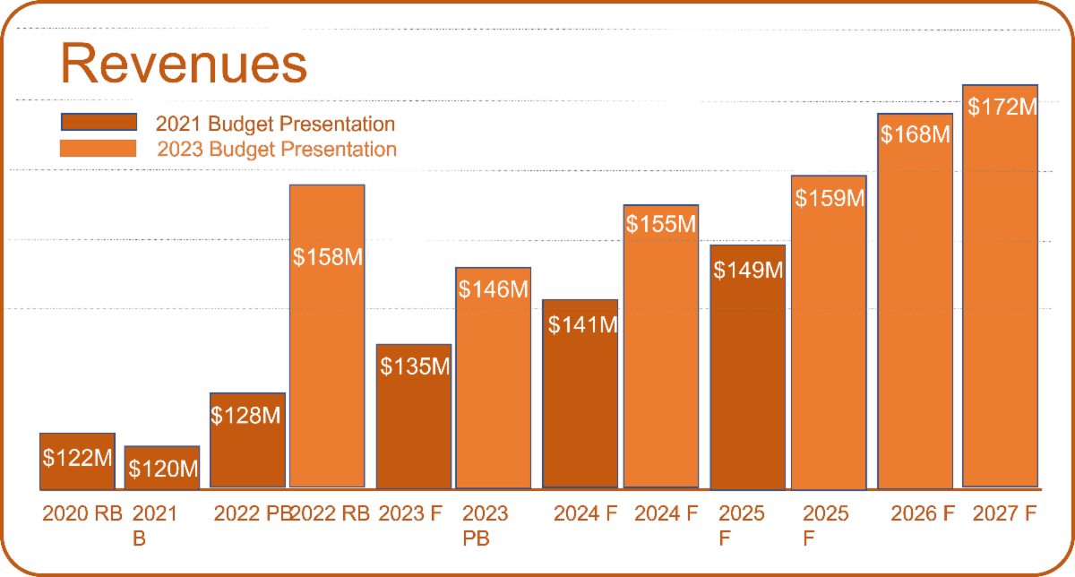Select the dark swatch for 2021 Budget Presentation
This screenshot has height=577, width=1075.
coord(99,123)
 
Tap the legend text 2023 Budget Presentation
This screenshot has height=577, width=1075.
coord(276,149)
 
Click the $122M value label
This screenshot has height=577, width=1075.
coord(78,458)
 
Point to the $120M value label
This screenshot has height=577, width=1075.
coord(162,468)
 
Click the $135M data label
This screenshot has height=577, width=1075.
coord(414,366)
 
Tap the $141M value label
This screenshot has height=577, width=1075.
coord(581,324)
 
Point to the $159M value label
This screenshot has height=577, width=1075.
coord(830,198)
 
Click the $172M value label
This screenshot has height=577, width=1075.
coord(1002,108)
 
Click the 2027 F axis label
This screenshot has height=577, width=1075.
coord(1004,514)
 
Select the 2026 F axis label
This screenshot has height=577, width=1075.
coord(922,514)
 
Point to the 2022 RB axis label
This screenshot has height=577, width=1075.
coord(330,514)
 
